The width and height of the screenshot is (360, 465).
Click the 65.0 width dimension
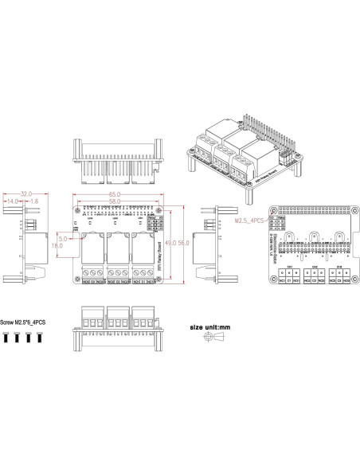(x=115, y=194)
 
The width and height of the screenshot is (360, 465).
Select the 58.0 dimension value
(x=115, y=202)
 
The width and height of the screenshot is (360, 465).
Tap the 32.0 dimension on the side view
(x=25, y=193)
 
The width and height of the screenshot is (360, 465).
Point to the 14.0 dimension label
(x=13, y=202)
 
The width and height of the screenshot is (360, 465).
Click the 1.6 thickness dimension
(x=36, y=202)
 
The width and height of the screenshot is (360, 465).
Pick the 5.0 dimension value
(x=62, y=238)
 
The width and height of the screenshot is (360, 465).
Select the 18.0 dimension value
(x=57, y=246)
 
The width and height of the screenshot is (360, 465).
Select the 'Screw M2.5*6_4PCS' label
(x=23, y=323)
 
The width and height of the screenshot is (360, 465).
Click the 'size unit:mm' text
(x=212, y=326)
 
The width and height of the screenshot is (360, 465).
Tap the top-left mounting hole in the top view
(x=78, y=211)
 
